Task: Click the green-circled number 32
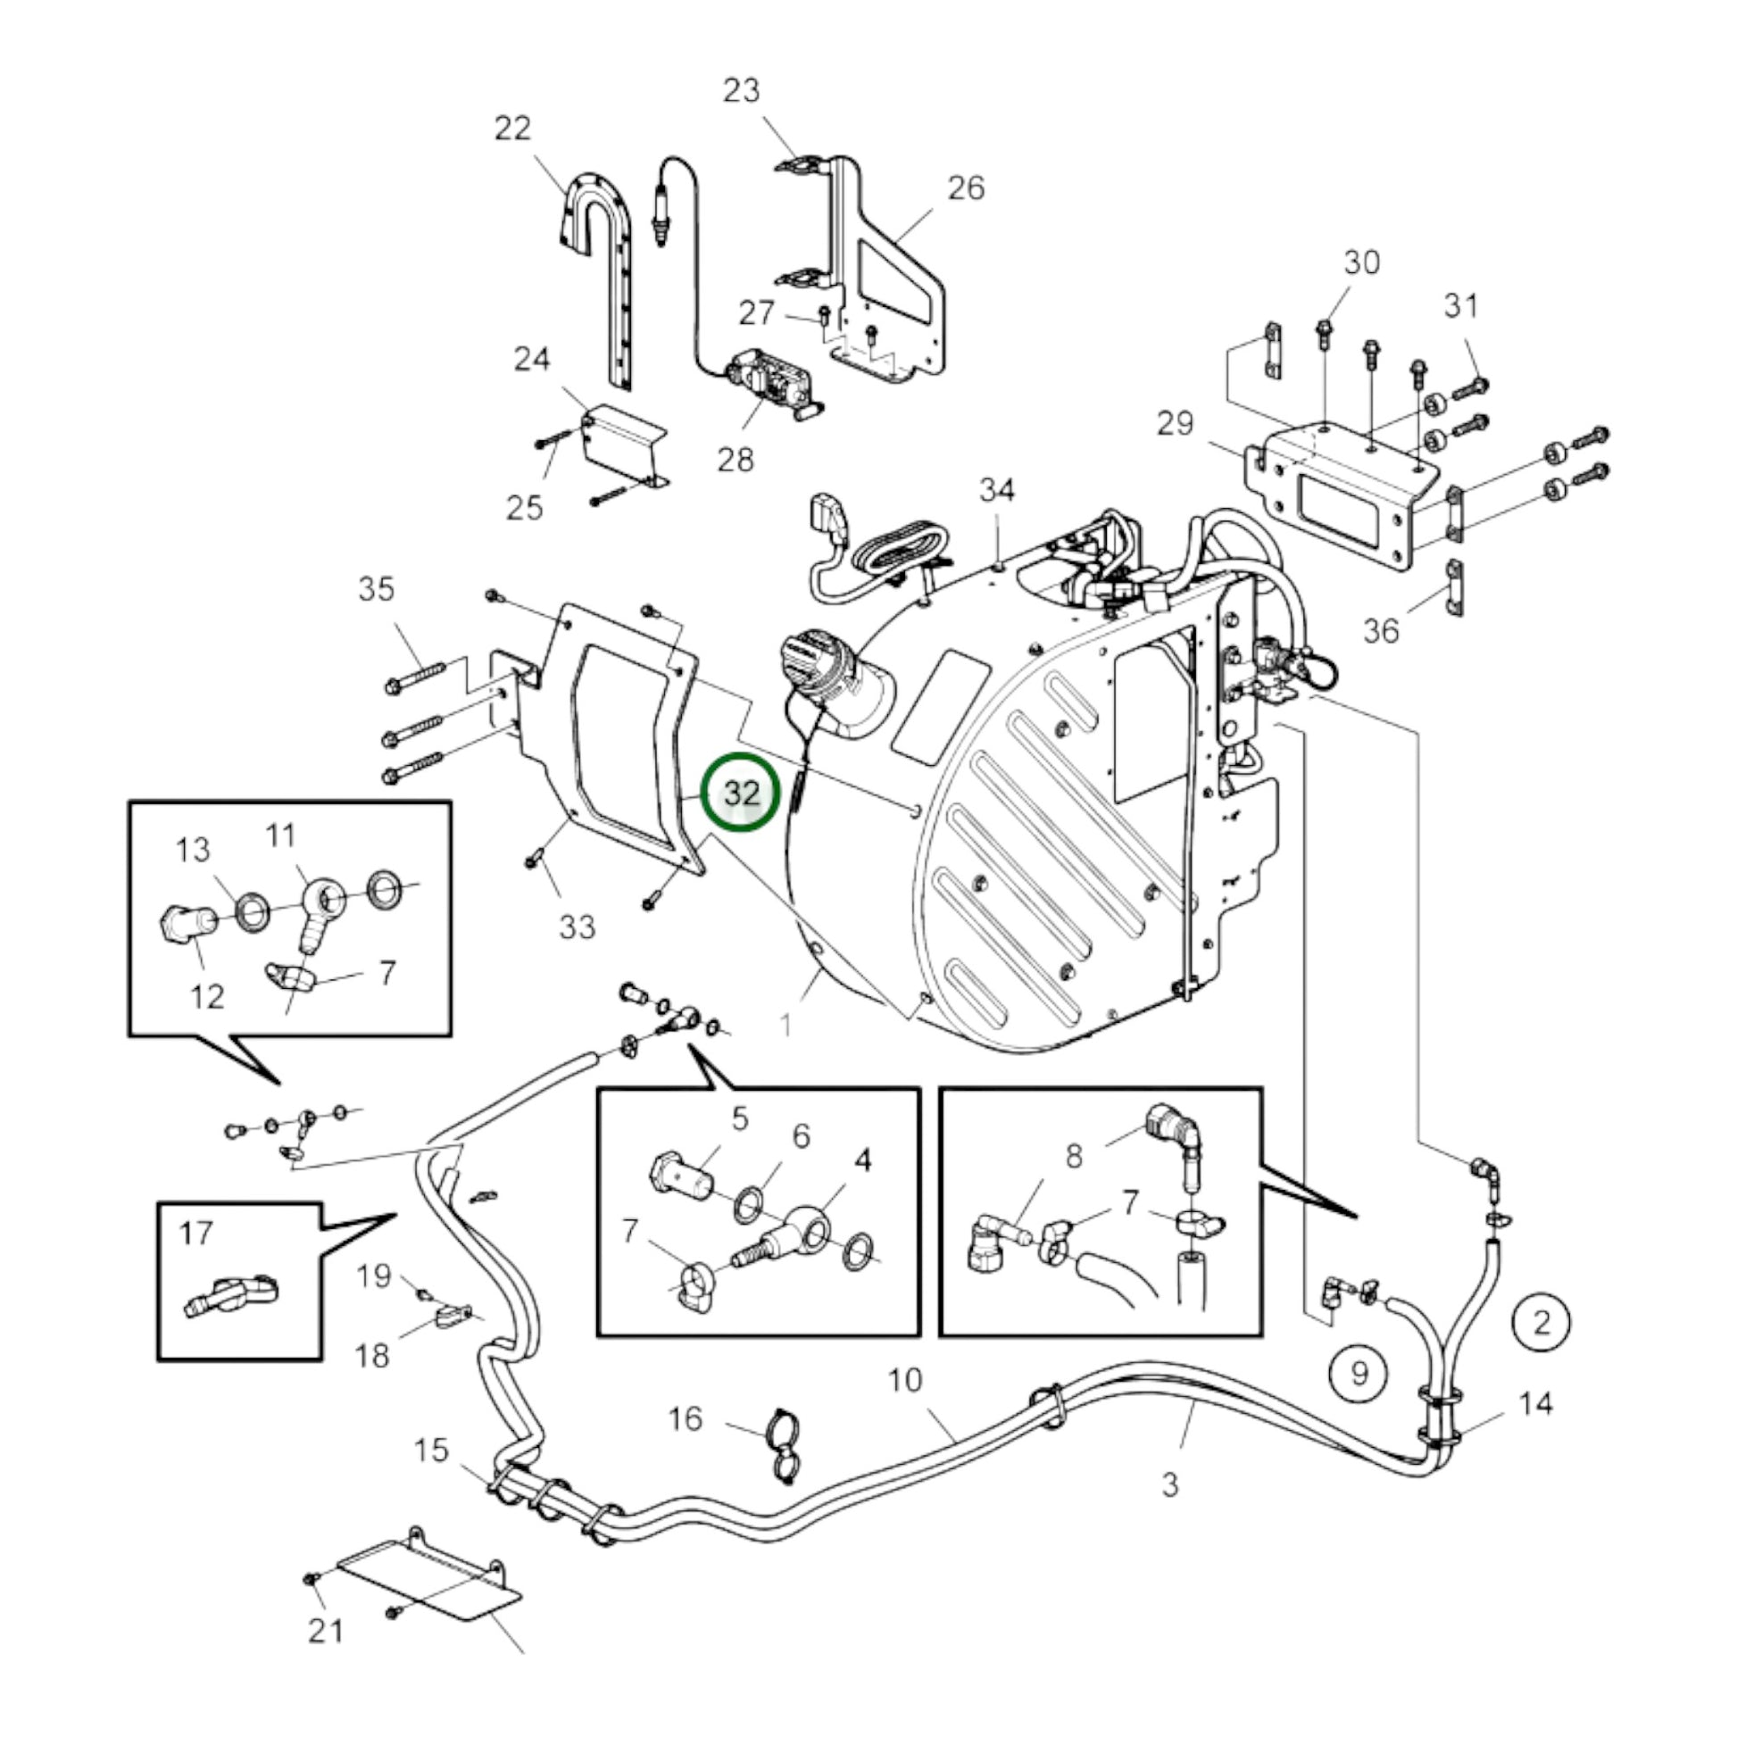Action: (742, 793)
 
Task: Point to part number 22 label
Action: (512, 129)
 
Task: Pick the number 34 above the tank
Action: (997, 490)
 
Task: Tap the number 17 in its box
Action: (196, 1234)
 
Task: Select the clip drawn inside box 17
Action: (231, 1297)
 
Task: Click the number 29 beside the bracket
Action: (1175, 422)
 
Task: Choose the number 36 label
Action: (1381, 630)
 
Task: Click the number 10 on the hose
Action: (905, 1380)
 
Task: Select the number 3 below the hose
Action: (1168, 1484)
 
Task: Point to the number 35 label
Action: (376, 589)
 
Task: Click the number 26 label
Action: (966, 188)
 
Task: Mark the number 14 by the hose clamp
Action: (1535, 1404)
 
